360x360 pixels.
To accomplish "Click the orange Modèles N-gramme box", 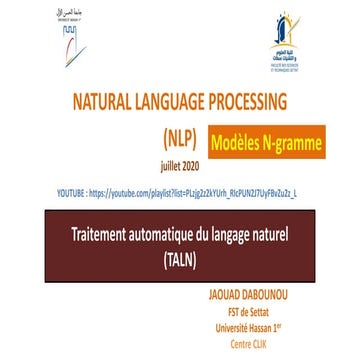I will click(268, 140).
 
